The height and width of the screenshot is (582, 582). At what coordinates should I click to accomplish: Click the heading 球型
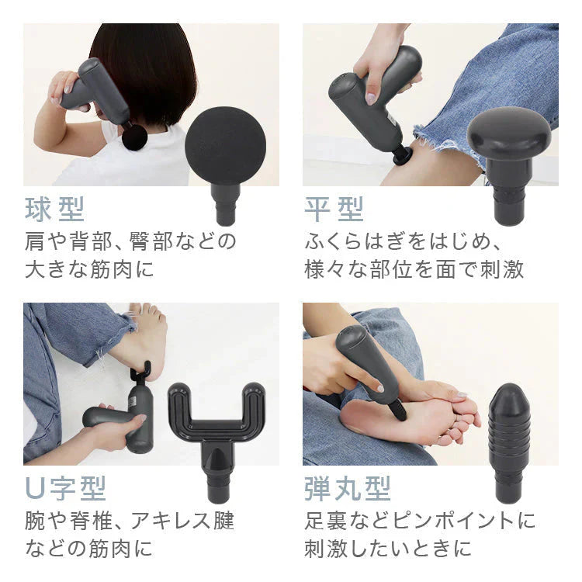pyautogui.click(x=54, y=210)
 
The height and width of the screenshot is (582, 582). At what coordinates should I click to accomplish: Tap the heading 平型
pyautogui.click(x=334, y=210)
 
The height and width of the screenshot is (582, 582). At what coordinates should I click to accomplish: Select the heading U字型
pyautogui.click(x=65, y=489)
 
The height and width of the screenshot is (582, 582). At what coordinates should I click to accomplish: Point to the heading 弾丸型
pyautogui.click(x=347, y=489)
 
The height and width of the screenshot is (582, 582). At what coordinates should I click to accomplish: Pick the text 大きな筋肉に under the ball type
pyautogui.click(x=89, y=269)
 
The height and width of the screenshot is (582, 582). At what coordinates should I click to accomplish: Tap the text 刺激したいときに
pyautogui.click(x=387, y=549)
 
